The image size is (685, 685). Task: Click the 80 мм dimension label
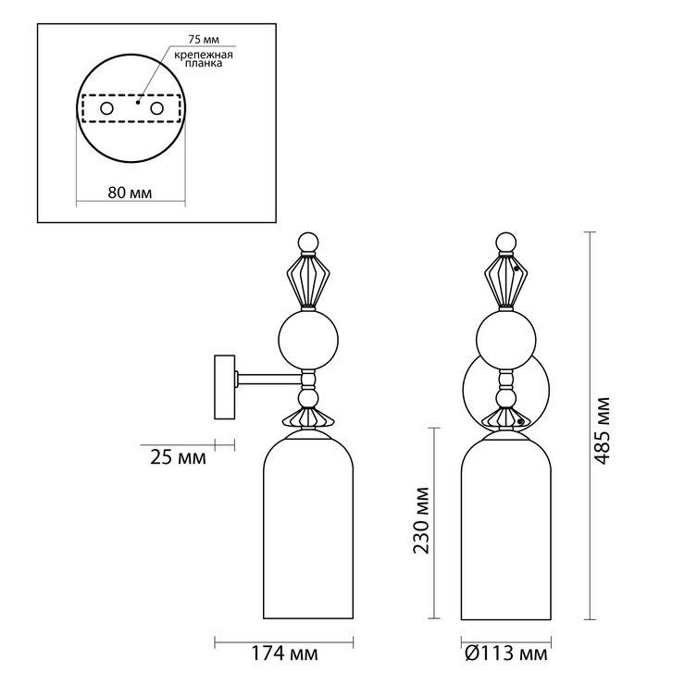click(x=130, y=193)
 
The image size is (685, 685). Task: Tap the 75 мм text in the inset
click(x=204, y=39)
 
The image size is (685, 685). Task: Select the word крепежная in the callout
click(x=204, y=55)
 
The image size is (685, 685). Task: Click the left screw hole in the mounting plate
click(x=106, y=108)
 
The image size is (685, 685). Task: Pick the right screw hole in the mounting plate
click(x=156, y=108)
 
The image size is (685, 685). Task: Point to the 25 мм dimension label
click(x=179, y=458)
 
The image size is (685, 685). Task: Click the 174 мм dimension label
click(x=284, y=654)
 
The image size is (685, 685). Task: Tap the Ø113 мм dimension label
click(x=506, y=654)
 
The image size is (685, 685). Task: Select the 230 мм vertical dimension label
click(x=421, y=520)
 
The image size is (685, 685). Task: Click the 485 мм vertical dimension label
click(x=602, y=430)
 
